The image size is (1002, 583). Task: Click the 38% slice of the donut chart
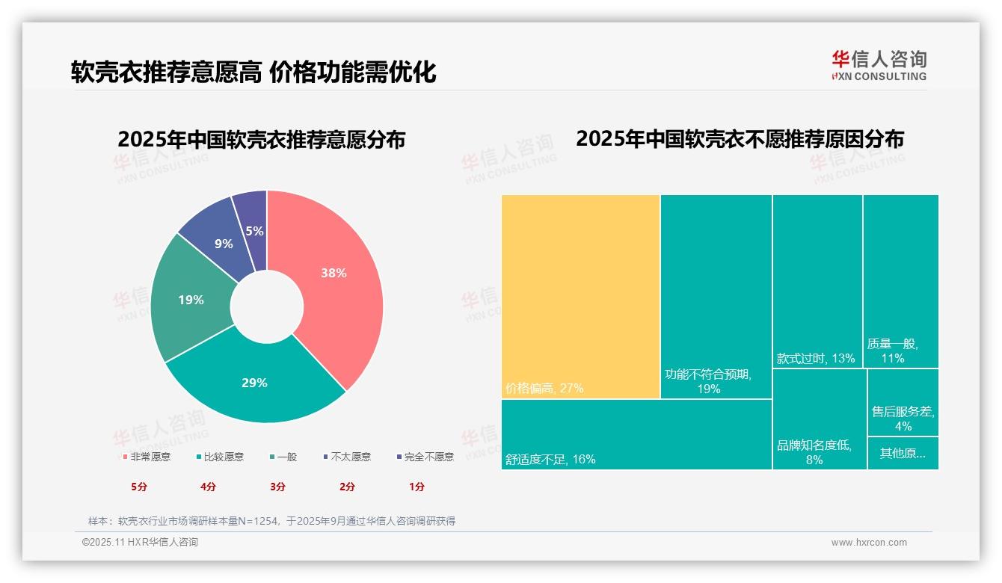(334, 274)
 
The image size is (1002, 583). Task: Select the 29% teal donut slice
(254, 383)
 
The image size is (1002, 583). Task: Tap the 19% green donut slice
(191, 300)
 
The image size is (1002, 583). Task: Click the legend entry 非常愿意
(147, 457)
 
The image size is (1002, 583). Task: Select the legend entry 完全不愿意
(425, 457)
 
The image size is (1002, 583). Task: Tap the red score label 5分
(139, 487)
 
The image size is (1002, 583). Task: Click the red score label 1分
(417, 487)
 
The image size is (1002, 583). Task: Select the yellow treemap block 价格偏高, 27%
(580, 297)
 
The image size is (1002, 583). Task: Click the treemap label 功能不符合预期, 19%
(707, 381)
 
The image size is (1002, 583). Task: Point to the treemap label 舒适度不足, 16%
(550, 459)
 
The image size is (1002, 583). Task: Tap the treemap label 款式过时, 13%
(815, 358)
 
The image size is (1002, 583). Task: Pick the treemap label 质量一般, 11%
(893, 351)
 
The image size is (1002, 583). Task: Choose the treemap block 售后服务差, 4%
(903, 419)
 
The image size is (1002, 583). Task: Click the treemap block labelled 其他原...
(903, 453)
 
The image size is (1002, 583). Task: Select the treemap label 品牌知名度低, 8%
(814, 452)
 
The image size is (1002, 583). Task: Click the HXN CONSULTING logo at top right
(879, 66)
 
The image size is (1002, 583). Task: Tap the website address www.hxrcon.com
(869, 543)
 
